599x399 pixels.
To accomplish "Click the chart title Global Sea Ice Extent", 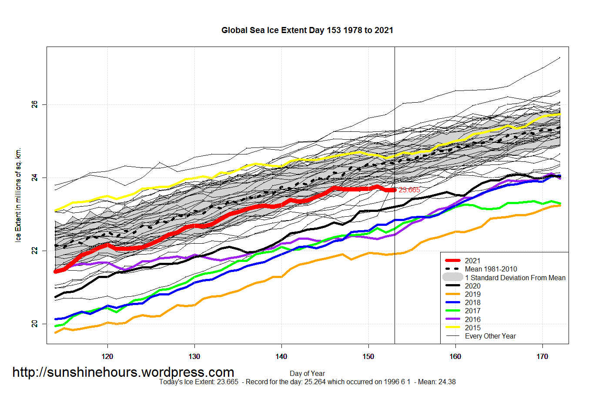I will (x=307, y=30).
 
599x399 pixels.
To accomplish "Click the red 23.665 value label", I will (x=409, y=190).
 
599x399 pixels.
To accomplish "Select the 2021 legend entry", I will (x=472, y=261).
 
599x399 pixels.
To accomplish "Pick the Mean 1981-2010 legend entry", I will (x=491, y=269).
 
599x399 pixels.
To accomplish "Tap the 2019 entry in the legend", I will (x=472, y=294).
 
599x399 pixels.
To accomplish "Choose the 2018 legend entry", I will (x=472, y=302).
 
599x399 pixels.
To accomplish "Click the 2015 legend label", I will (x=472, y=328).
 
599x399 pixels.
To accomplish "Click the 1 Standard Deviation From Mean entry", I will (x=515, y=278).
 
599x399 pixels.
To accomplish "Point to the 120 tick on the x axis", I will (x=107, y=356).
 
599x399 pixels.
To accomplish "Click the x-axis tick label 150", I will (x=368, y=356).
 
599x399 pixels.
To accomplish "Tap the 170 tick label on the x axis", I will (x=542, y=356).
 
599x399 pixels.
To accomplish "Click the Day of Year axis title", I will (x=307, y=373).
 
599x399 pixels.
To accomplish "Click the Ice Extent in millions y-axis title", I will (x=18, y=195).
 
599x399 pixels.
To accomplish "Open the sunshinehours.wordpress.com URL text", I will (x=123, y=372).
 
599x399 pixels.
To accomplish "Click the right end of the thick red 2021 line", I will (x=394, y=190).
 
